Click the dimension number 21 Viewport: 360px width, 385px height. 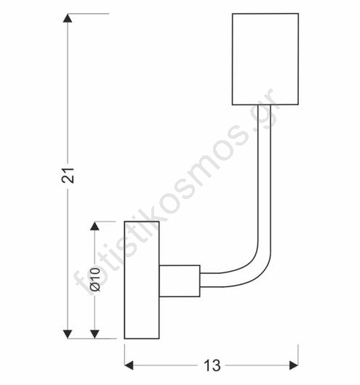pyautogui.click(x=68, y=175)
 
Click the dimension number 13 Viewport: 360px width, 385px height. pyautogui.click(x=212, y=365)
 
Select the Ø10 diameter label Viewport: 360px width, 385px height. pyautogui.click(x=95, y=279)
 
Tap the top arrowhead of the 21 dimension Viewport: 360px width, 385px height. pyautogui.click(x=68, y=18)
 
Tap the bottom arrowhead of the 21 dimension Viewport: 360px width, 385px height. pyautogui.click(x=68, y=334)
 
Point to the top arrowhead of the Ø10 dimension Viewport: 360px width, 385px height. pyautogui.click(x=95, y=226)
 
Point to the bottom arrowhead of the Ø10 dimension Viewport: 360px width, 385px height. pyautogui.click(x=95, y=334)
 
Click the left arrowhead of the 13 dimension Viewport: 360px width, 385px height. pyautogui.click(x=129, y=365)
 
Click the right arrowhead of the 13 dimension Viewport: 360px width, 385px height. pyautogui.click(x=294, y=365)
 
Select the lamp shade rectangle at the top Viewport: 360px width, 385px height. pyautogui.click(x=265, y=59)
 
